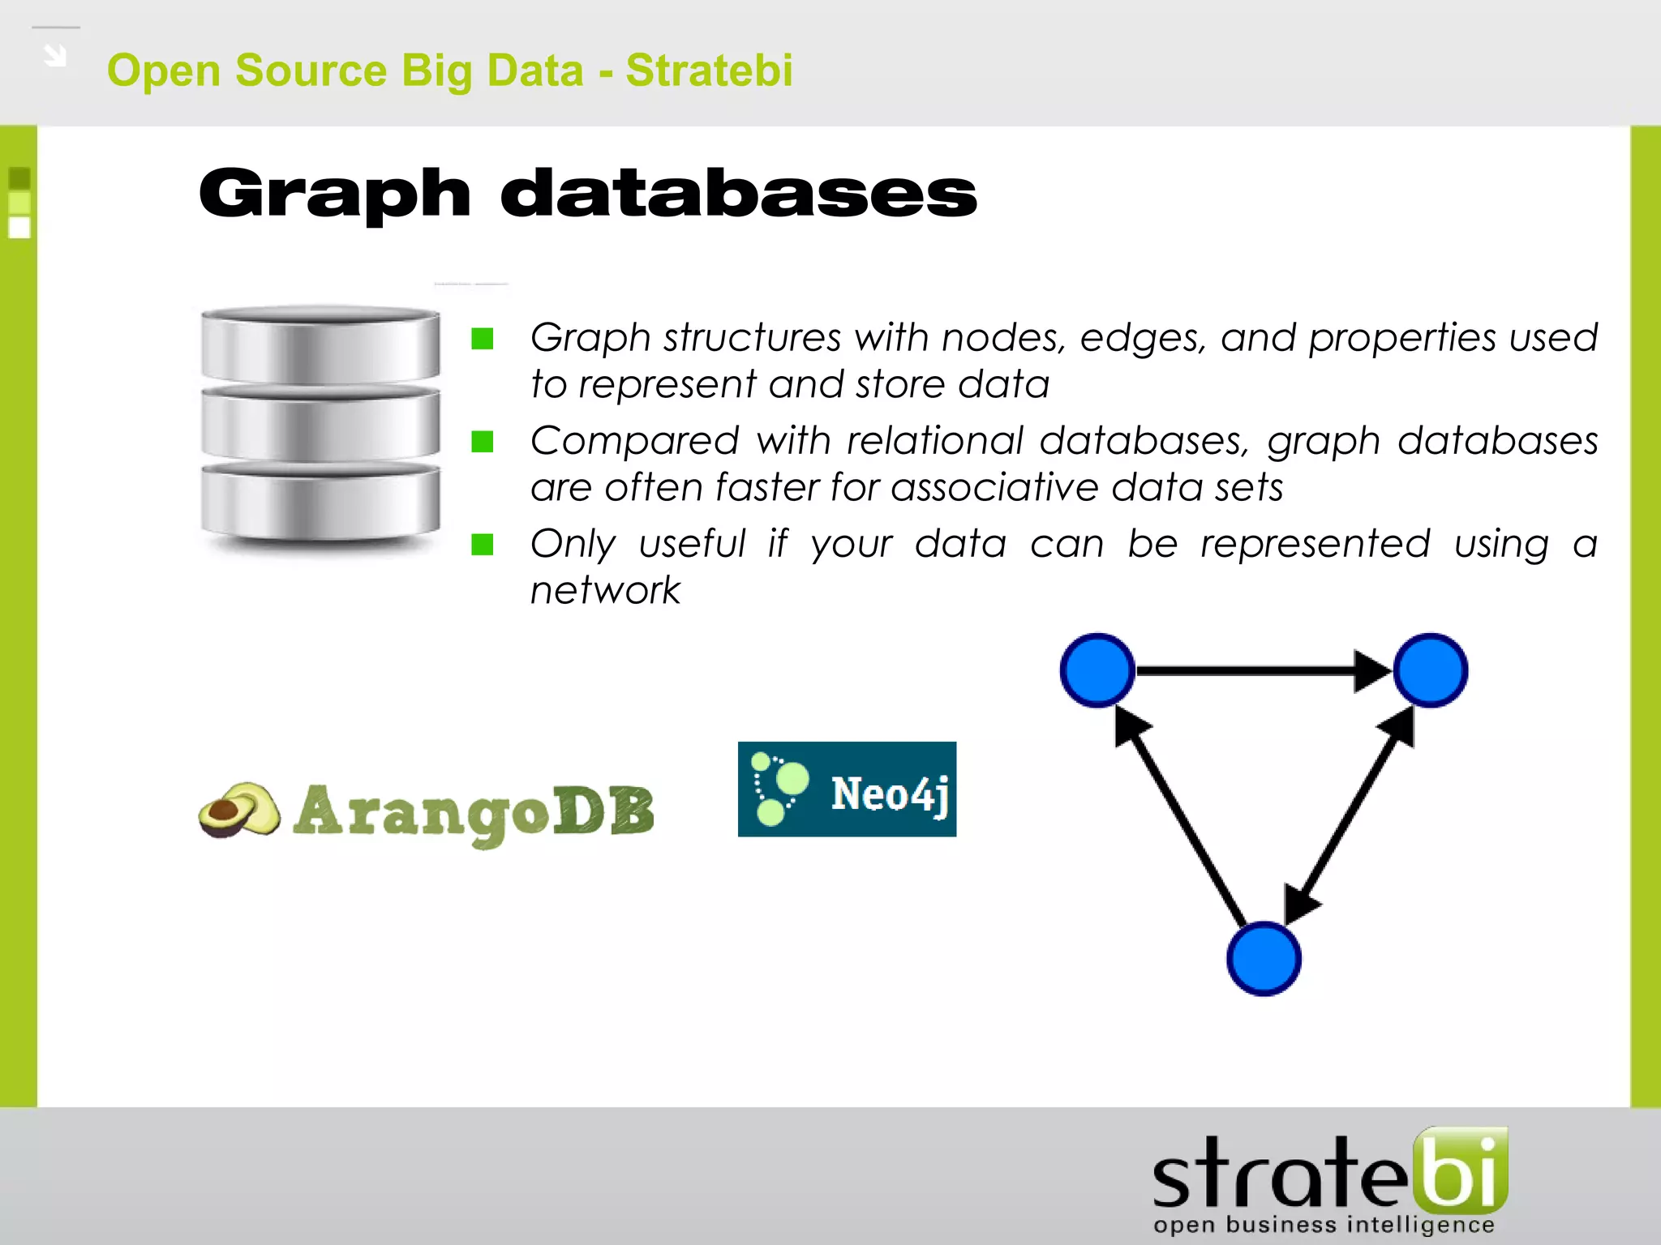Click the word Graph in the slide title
pos(334,195)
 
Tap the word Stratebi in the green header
pos(709,71)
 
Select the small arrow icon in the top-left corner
pos(55,55)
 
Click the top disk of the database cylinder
pos(320,344)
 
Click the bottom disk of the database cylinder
pos(320,503)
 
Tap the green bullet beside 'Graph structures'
pos(483,338)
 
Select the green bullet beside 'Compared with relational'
pos(483,442)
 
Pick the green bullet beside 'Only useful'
pos(483,545)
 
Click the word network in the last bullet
pos(605,590)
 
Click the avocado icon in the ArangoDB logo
pos(239,810)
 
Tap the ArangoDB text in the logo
pos(474,813)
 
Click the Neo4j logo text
pos(890,794)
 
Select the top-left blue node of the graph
pos(1097,670)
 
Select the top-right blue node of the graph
pos(1431,670)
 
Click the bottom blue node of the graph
pos(1264,959)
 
